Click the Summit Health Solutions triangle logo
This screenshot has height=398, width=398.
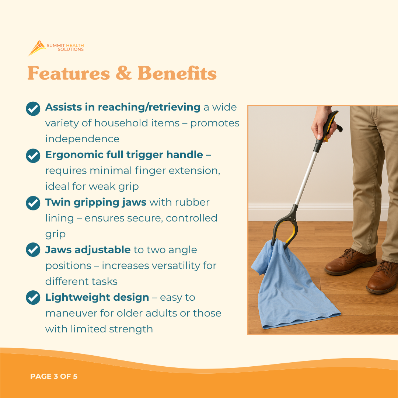[36, 48]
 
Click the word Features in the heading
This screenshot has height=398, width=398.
[69, 73]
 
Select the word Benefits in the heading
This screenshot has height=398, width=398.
[177, 73]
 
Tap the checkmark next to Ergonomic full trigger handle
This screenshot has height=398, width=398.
[33, 156]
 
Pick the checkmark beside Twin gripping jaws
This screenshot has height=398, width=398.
[33, 203]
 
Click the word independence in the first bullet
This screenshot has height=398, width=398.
[82, 139]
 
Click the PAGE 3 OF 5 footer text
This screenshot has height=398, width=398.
[54, 376]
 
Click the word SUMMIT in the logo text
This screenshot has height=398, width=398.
[54, 45]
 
